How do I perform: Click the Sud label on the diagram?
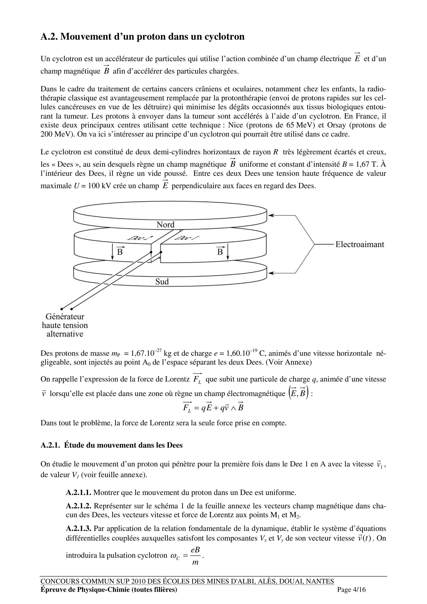coord(162,282)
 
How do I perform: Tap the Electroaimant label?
coord(359,244)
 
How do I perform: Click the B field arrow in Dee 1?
coord(228,252)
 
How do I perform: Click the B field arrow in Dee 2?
coord(113,252)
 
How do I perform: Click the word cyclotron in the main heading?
coord(224,37)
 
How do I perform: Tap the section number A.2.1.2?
coord(79,506)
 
